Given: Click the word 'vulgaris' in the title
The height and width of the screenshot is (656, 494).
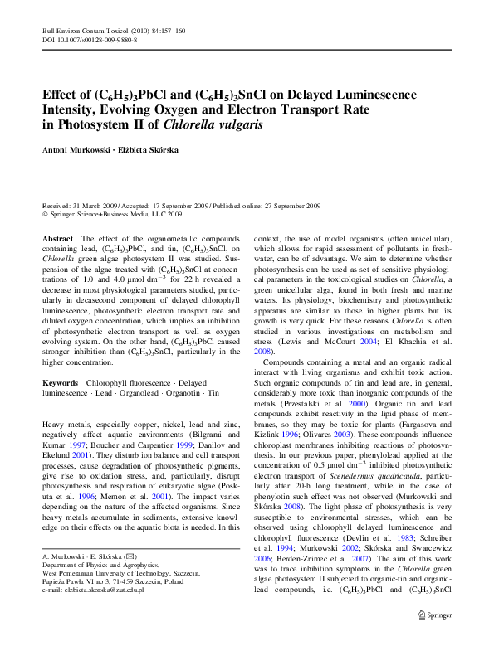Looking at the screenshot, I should click(240, 124).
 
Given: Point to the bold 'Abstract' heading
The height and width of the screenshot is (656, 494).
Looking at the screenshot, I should click(57, 238).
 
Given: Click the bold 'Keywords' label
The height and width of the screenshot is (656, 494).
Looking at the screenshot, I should click(60, 383).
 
